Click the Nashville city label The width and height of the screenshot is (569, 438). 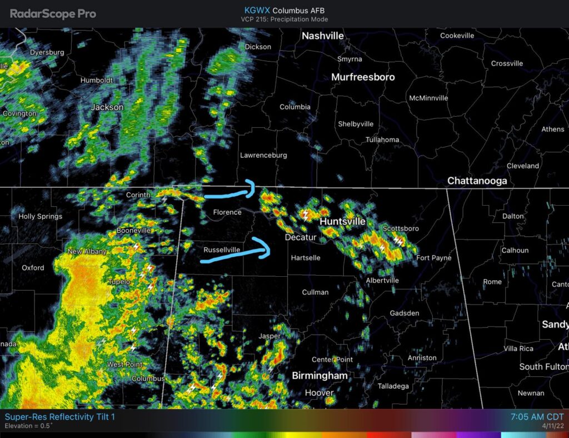pos(322,36)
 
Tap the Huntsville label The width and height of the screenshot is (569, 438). pos(343,221)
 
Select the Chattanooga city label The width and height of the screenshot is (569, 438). pos(477,181)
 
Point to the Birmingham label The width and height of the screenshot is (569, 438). pos(320,376)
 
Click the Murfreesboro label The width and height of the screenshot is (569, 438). pos(363,77)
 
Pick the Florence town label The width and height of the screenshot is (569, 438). pos(227,212)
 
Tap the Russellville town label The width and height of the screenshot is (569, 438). pos(222,250)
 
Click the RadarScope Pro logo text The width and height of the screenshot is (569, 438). pos(53,14)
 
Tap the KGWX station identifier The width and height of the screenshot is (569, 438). pos(257,10)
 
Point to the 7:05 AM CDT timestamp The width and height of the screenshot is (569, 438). pos(536,417)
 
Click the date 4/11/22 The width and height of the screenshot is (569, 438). pos(552,426)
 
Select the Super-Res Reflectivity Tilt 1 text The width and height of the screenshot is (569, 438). pos(59,417)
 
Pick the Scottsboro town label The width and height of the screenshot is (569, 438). pos(401,228)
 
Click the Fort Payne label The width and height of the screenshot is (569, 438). pos(434,258)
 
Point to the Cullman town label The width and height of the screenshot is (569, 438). pos(315,292)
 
